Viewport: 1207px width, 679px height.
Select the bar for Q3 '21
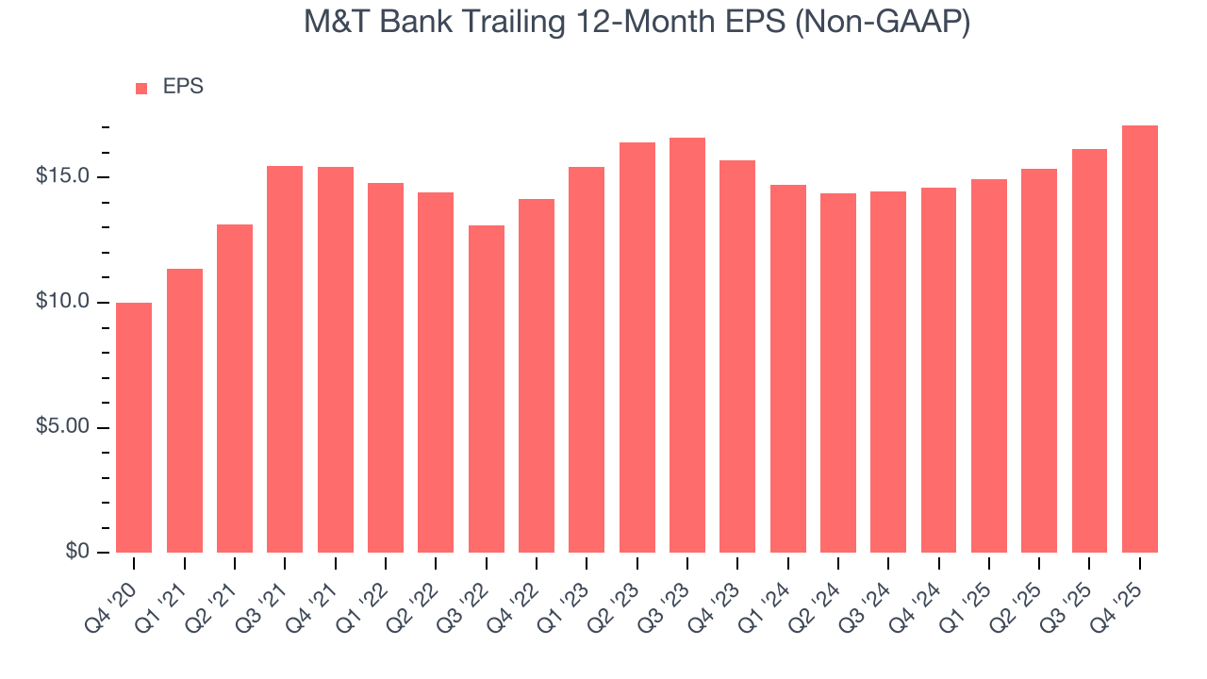click(x=285, y=359)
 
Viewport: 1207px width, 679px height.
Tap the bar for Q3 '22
click(x=486, y=389)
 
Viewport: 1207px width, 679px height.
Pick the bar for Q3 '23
click(x=687, y=345)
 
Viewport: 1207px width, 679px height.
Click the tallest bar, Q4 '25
click(x=1140, y=339)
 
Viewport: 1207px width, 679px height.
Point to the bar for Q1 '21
click(x=185, y=410)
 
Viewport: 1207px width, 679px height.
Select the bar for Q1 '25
click(x=989, y=366)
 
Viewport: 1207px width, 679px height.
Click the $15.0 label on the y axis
click(x=62, y=177)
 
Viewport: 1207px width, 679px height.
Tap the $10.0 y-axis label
click(x=62, y=303)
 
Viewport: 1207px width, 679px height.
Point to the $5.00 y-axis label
click(x=62, y=427)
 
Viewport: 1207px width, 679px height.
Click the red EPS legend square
click(x=141, y=89)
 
